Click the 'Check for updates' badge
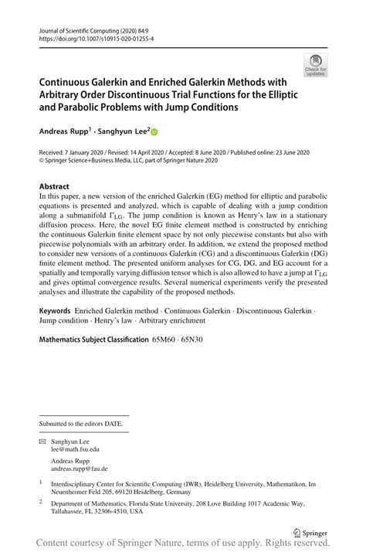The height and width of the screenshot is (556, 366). pos(315,65)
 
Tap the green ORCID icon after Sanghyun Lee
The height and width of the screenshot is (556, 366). pos(154,133)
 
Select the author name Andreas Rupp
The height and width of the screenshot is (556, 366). pos(64,133)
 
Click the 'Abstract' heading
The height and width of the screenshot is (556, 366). pos(54,186)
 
